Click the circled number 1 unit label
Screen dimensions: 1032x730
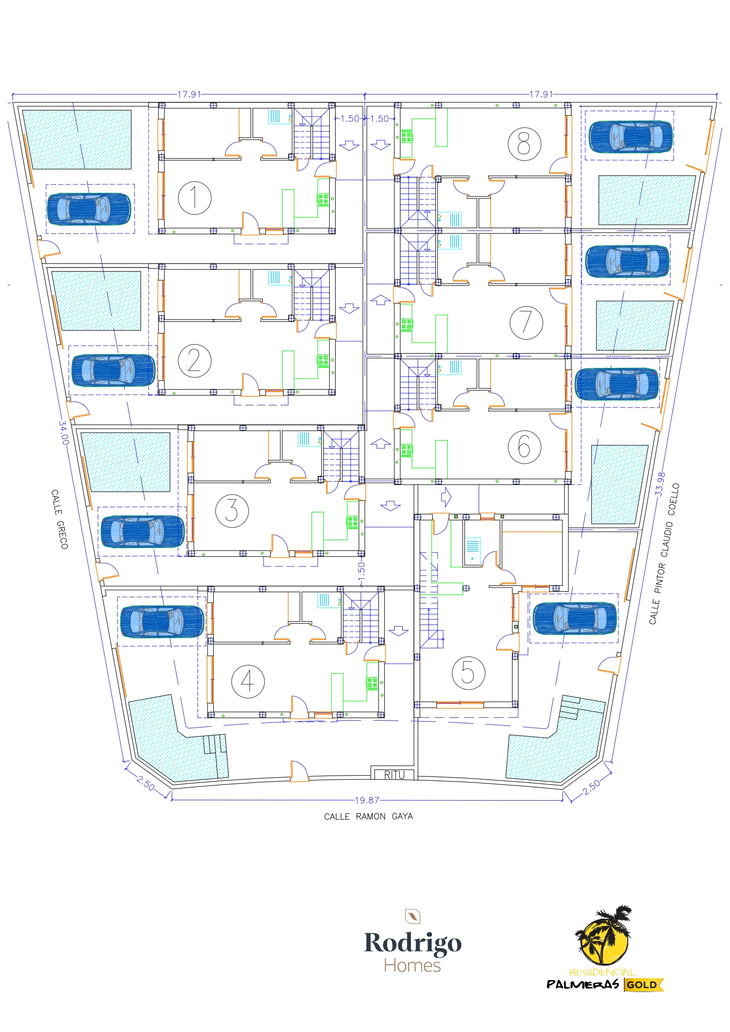(195, 198)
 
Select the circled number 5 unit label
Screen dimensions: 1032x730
(468, 673)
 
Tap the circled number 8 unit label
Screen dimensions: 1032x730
(524, 144)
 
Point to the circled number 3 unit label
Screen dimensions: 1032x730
(232, 511)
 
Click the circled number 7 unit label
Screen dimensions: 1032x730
(526, 323)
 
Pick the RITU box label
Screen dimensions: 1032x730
(394, 775)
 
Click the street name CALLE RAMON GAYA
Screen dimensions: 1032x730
(368, 816)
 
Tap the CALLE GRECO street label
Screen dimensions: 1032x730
(59, 519)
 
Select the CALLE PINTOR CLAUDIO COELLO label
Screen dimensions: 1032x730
(664, 553)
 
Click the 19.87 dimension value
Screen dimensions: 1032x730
(367, 800)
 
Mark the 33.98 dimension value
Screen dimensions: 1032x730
(660, 484)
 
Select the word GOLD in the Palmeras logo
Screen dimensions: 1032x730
(641, 984)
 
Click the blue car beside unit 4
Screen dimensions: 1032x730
(162, 621)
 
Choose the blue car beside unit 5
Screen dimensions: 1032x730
(574, 618)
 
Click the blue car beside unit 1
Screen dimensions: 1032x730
(89, 209)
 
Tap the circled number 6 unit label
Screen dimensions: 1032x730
(524, 447)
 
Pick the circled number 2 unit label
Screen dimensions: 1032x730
(195, 361)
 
